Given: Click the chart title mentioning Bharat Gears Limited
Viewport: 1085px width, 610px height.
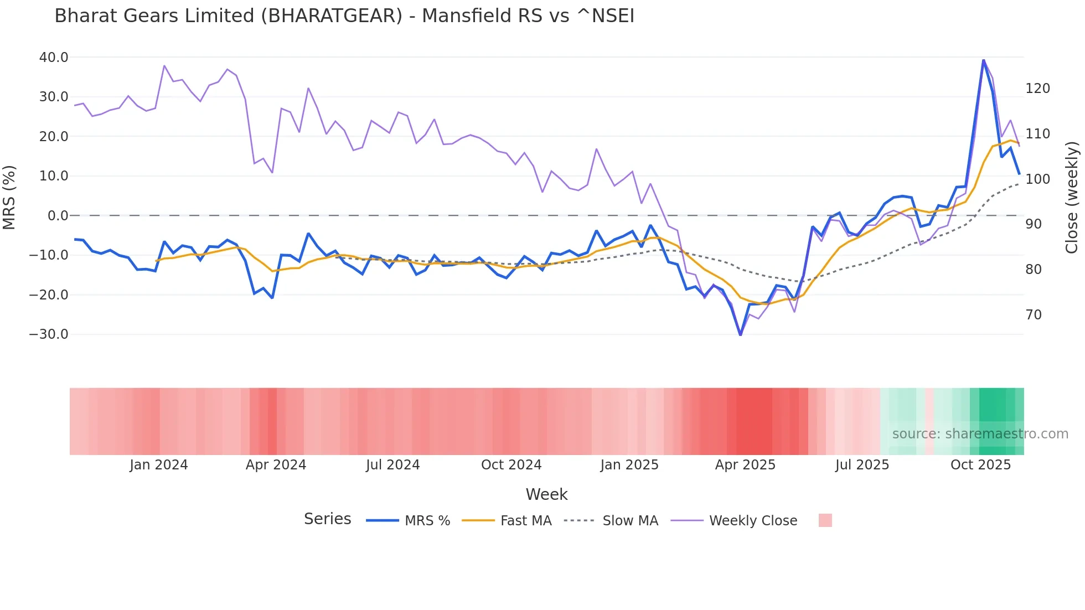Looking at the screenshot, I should (x=344, y=16).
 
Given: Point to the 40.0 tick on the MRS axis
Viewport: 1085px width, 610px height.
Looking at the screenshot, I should (x=53, y=58).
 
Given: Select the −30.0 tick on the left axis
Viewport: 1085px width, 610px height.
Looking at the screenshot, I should (x=49, y=334).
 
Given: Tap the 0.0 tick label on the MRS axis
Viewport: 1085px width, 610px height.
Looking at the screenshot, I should (x=58, y=216).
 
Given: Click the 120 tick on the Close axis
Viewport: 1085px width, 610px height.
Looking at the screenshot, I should (x=1037, y=89).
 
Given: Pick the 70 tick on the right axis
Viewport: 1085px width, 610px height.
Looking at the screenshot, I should (x=1034, y=315).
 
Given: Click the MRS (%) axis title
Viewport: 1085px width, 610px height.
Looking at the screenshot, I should (x=9, y=198).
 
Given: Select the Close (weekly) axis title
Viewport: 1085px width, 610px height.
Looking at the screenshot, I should (x=1072, y=198).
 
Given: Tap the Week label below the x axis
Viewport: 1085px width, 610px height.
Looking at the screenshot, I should (x=546, y=494).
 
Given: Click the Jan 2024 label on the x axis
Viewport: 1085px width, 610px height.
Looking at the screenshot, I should (x=159, y=465).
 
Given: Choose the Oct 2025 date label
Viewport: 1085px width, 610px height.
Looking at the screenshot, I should (x=980, y=465).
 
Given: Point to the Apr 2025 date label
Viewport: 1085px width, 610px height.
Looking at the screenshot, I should (x=745, y=465).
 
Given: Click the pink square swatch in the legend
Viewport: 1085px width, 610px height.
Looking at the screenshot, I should (x=825, y=520).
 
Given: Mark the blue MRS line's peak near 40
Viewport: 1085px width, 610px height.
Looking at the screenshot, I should (x=983, y=60).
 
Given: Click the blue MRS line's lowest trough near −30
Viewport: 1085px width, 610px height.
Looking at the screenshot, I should (x=741, y=334).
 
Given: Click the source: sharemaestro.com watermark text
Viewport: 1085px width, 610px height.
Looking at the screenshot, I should (x=980, y=434).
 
